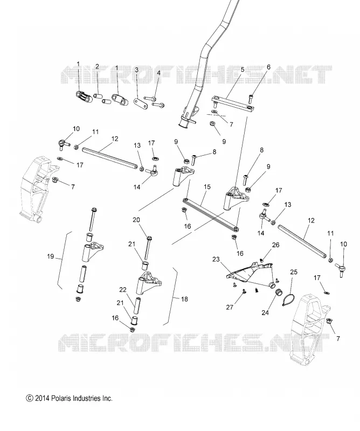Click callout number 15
[207, 187]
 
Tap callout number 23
[216, 259]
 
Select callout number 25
[294, 272]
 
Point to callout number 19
[50, 256]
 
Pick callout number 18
[184, 299]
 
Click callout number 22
[123, 290]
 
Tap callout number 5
[243, 69]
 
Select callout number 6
[268, 67]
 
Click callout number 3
[137, 70]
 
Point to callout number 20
[136, 220]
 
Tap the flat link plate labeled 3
[141, 102]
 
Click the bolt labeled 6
[251, 99]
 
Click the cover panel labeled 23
[249, 274]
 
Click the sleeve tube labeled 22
[137, 305]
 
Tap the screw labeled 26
[261, 259]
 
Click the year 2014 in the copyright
[42, 398]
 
